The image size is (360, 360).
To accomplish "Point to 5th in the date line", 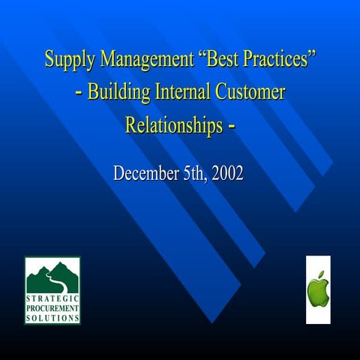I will pos(196,174).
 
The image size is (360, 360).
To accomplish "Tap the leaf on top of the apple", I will pos(320,274).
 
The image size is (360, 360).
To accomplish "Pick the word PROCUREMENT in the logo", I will pos(52,308).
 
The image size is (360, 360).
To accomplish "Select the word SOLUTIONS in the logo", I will pos(52,317).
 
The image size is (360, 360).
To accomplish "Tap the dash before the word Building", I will pos(79,94).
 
